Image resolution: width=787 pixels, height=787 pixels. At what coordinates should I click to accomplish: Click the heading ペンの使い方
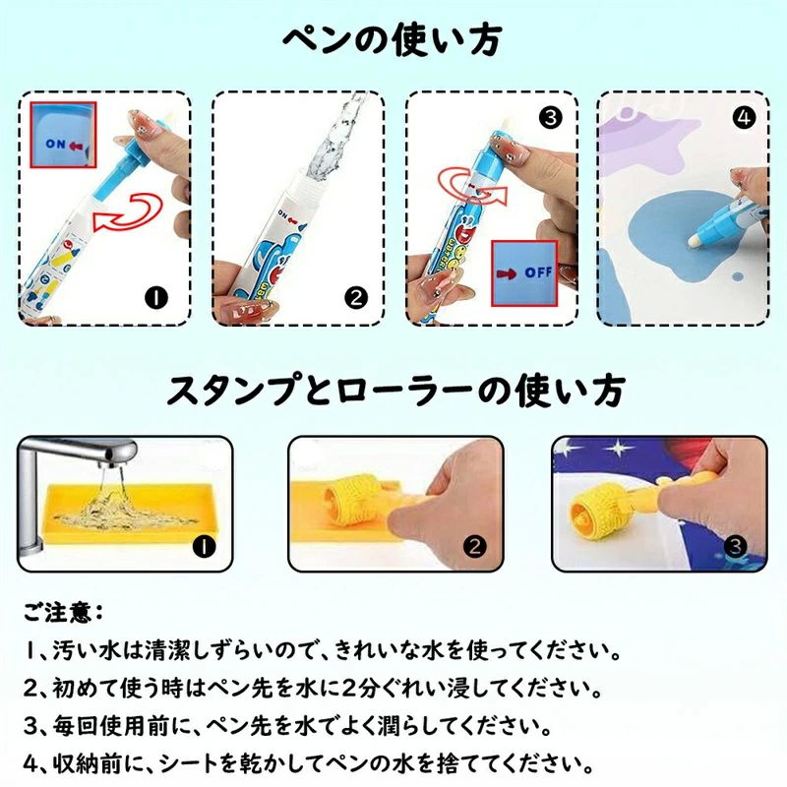[392, 40]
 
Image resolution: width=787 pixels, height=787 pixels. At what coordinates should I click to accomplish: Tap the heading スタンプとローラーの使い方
[395, 390]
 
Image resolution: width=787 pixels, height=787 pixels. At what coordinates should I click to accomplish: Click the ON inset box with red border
[63, 135]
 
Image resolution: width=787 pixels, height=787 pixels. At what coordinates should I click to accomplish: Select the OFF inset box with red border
[524, 273]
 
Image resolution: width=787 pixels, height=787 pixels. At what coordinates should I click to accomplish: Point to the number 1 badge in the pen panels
[157, 299]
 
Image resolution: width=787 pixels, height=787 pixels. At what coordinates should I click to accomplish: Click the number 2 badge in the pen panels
[356, 299]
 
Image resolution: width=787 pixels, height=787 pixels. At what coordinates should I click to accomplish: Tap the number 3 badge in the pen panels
[551, 118]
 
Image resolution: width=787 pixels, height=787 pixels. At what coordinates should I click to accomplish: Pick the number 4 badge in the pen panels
[744, 118]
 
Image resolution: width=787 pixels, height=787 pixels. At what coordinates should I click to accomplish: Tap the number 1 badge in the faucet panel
[205, 547]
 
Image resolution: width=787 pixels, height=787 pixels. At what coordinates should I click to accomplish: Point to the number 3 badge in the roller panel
[736, 547]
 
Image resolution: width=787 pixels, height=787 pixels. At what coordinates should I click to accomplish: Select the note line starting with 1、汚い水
[323, 651]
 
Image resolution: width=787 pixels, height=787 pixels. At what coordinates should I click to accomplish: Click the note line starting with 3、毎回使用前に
[287, 726]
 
